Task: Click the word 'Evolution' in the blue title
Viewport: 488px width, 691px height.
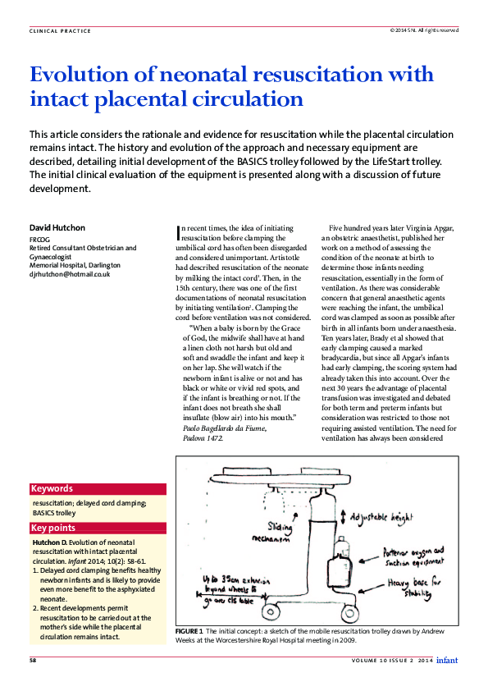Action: (78, 74)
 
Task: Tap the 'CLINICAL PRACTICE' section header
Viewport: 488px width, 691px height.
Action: (60, 31)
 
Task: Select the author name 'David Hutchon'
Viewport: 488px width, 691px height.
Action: (57, 227)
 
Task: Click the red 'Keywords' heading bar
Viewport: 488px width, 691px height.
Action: (98, 488)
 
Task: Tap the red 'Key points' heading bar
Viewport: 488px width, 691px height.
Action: (98, 529)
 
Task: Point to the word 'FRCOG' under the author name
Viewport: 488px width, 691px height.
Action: (40, 238)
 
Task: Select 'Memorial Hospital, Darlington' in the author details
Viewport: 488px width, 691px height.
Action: (75, 265)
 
